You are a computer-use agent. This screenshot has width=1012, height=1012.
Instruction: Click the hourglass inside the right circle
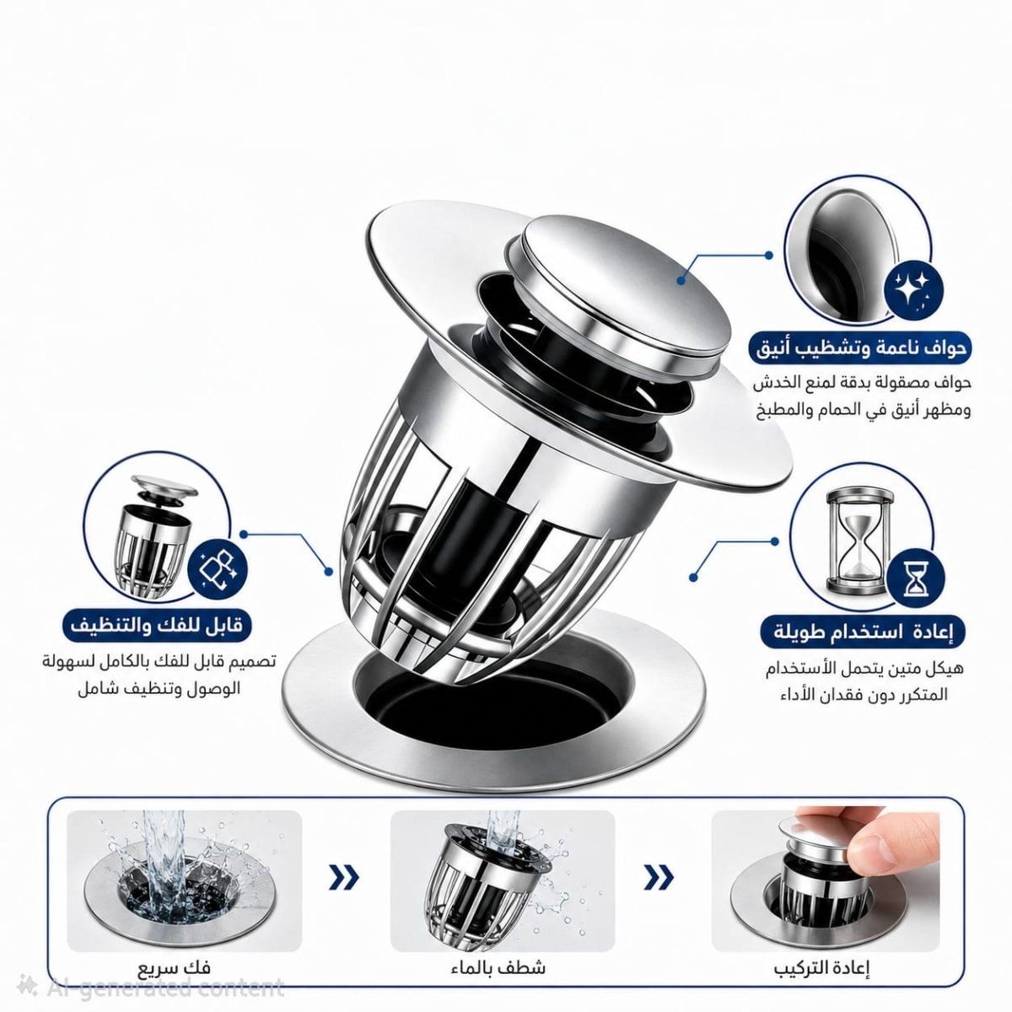[x=859, y=542]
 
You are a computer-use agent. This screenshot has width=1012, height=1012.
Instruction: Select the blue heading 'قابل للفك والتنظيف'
[x=157, y=627]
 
